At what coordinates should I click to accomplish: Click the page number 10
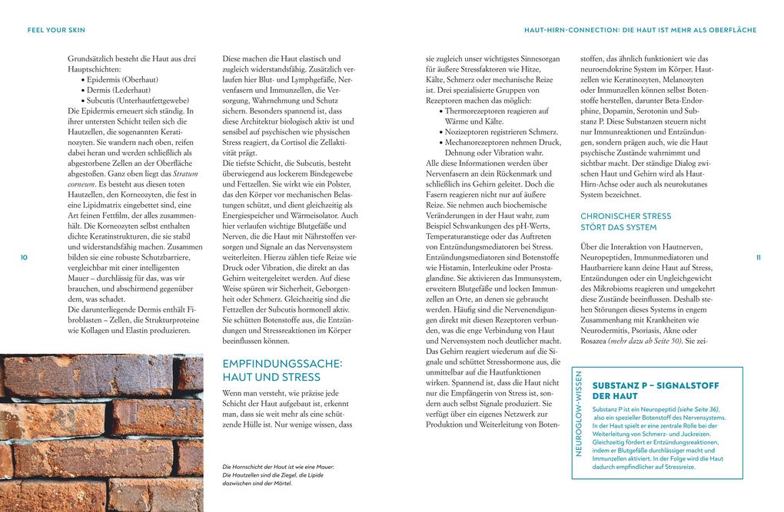click(24, 257)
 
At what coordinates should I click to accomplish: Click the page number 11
click(759, 257)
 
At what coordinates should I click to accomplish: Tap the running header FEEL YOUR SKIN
click(55, 30)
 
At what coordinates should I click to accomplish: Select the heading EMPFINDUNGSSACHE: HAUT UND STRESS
click(281, 369)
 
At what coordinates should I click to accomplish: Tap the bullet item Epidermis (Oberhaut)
click(124, 79)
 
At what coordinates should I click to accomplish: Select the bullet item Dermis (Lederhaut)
click(120, 90)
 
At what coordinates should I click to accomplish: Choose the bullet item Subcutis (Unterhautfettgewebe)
click(138, 101)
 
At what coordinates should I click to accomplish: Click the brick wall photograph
click(101, 432)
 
